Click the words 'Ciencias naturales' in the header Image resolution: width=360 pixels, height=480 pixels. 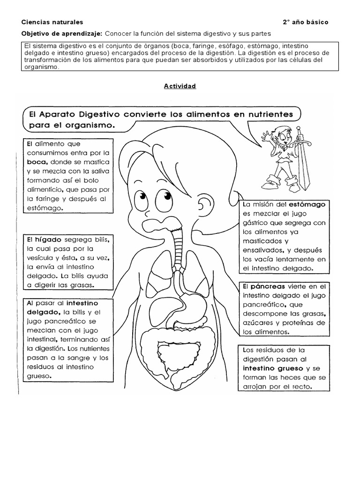(52, 22)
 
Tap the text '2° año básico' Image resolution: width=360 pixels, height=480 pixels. (305, 22)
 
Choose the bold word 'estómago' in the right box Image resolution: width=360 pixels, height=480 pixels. (307, 205)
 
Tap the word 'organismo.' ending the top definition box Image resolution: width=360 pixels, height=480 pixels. (41, 67)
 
